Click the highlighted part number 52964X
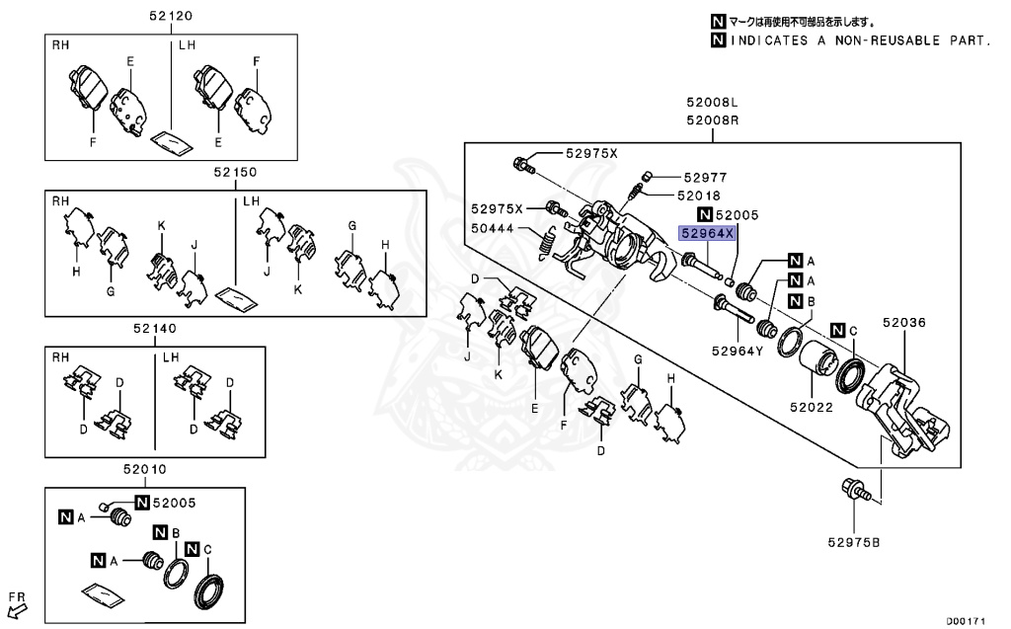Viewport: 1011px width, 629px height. click(x=707, y=233)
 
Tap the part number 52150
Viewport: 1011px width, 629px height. click(x=233, y=172)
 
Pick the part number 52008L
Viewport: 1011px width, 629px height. click(x=714, y=103)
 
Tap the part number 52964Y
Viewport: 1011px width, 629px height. click(x=739, y=350)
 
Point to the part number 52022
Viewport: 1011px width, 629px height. click(x=812, y=405)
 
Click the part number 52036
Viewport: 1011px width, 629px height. click(x=905, y=322)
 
